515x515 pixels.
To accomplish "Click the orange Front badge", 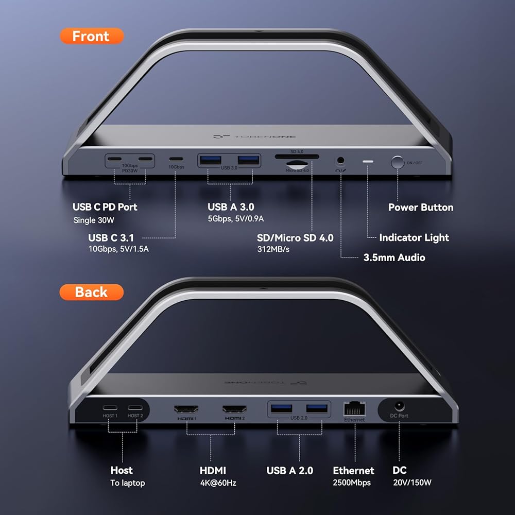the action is point(92,36).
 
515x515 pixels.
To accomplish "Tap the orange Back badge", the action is point(91,292).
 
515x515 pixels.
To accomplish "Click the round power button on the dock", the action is point(398,162).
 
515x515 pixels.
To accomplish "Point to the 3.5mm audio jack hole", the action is point(340,160).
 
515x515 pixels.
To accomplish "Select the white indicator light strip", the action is point(368,161).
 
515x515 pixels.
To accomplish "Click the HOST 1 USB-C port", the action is point(110,407).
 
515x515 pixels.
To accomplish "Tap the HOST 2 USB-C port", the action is point(135,407).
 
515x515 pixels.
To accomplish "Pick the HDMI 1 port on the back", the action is point(186,409).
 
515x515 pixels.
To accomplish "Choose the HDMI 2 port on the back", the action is point(234,409).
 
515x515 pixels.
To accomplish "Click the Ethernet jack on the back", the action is point(354,409).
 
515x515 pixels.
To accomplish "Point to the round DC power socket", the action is point(400,406).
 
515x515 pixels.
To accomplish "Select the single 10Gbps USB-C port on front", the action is point(176,159).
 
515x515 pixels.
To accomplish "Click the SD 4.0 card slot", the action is point(297,157).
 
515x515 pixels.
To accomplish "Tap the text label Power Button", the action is point(421,207).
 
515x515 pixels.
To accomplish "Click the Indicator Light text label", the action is point(414,237).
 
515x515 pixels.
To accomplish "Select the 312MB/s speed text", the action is point(273,249).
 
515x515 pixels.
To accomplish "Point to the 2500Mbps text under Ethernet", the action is point(352,483).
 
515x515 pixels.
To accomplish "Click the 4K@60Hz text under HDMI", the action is point(218,483).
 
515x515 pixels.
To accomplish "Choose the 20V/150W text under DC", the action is point(412,483).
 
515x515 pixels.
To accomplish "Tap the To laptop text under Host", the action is point(127,483).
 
